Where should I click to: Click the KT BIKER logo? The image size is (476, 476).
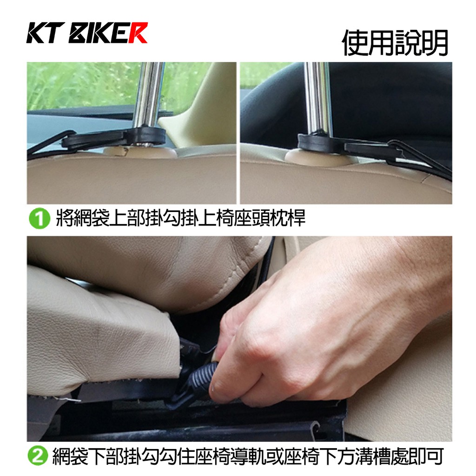click(87, 33)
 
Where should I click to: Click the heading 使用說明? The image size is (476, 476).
click(395, 42)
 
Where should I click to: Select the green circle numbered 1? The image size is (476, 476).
click(40, 218)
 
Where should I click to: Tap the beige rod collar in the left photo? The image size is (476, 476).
click(139, 152)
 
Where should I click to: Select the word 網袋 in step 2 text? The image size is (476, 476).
click(71, 456)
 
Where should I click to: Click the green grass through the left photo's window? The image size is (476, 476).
click(82, 85)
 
